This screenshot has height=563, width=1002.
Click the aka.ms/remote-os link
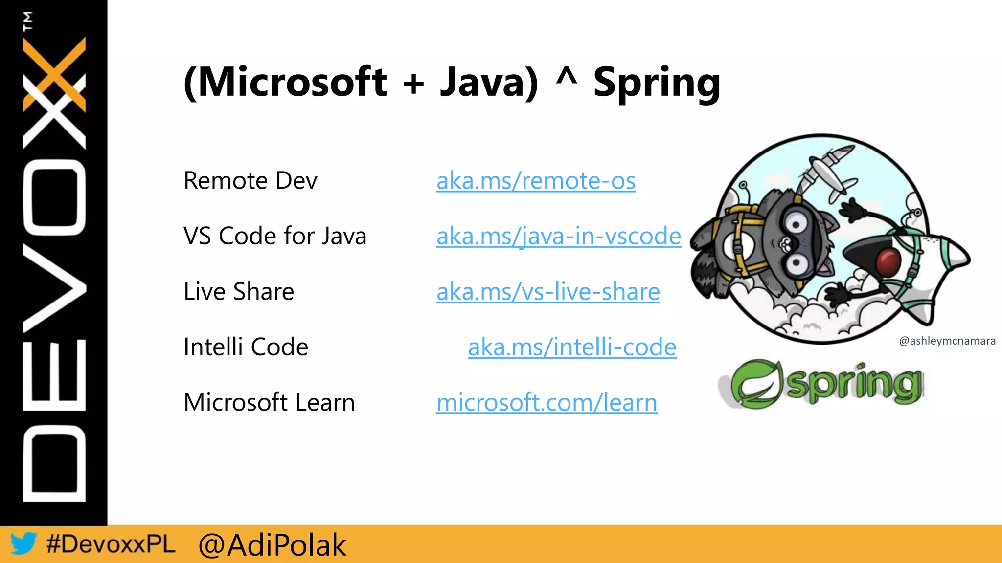[536, 181]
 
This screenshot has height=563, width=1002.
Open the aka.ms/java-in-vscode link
[558, 237]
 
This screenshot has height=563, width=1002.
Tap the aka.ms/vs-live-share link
[548, 292]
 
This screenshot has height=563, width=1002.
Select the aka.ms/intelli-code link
[572, 347]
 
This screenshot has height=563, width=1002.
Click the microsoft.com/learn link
[547, 403]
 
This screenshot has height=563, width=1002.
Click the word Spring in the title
[656, 83]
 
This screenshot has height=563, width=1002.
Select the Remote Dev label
[250, 181]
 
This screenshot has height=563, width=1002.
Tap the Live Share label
[239, 292]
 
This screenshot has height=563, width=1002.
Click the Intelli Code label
[246, 347]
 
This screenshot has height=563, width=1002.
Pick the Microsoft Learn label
[269, 403]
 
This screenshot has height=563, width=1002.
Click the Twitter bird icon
[23, 543]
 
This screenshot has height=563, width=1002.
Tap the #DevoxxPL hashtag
[111, 544]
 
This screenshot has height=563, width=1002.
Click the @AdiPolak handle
[272, 545]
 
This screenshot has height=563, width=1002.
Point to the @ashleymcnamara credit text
[947, 341]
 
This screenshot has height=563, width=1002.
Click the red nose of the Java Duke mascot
[888, 261]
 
